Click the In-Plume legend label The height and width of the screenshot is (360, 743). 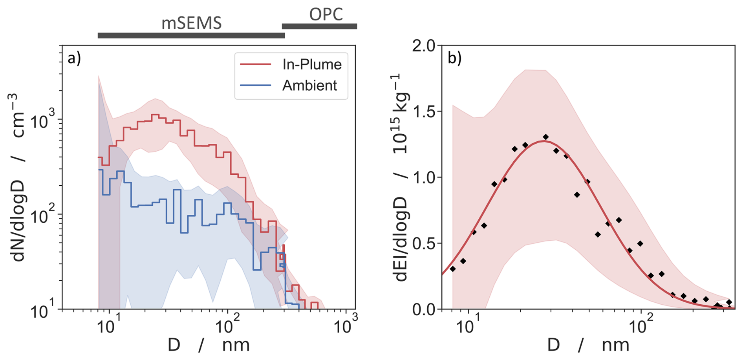click(312, 64)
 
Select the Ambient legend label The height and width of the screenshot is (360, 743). click(309, 86)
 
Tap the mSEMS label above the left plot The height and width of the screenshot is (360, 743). click(192, 23)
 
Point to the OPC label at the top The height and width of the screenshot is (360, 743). click(326, 15)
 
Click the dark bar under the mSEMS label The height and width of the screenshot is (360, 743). click(191, 36)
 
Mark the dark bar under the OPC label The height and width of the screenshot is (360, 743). click(319, 26)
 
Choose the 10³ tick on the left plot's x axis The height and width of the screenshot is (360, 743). click(346, 325)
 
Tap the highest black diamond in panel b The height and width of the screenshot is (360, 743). click(545, 137)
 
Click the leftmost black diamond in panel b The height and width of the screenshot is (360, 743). click(453, 269)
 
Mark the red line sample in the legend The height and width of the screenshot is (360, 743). click(256, 64)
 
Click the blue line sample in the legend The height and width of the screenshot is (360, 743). click(256, 85)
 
